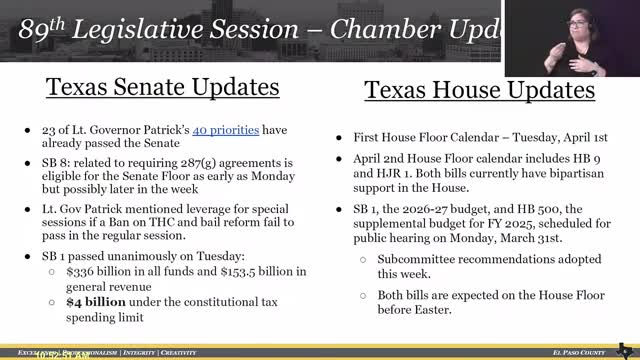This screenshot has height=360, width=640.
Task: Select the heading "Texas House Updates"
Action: [479, 92]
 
